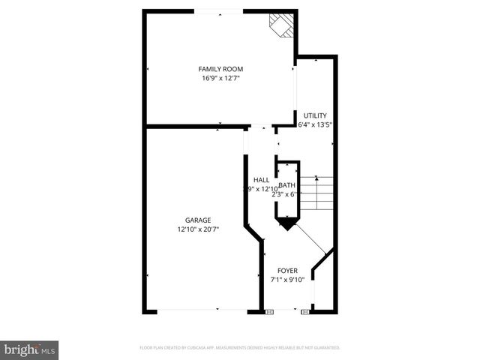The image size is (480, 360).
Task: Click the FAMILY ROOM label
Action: point(220,69)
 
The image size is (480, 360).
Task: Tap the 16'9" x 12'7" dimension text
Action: point(220,78)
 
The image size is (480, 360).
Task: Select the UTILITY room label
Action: point(315,115)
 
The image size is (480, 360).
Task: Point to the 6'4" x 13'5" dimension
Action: point(315,124)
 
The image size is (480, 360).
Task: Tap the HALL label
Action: point(261,180)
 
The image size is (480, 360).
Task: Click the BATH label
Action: point(287,185)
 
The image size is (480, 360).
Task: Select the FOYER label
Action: point(287,270)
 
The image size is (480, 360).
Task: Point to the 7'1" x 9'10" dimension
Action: point(287,279)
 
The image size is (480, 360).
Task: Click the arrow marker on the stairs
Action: point(318,178)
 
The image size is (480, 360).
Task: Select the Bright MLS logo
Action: point(30,349)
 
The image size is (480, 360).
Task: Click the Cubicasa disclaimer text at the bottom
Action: point(240,348)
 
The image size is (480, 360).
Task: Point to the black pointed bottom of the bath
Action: point(287,223)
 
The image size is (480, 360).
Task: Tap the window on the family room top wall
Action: point(219,11)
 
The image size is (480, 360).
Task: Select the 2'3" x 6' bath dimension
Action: point(285,193)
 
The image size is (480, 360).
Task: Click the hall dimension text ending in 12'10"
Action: point(258,189)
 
